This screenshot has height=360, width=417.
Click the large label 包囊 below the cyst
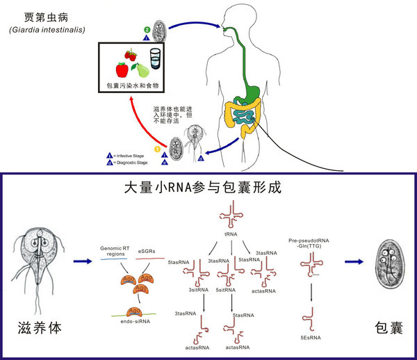coord(389,327)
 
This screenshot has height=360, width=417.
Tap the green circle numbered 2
coord(147,31)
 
